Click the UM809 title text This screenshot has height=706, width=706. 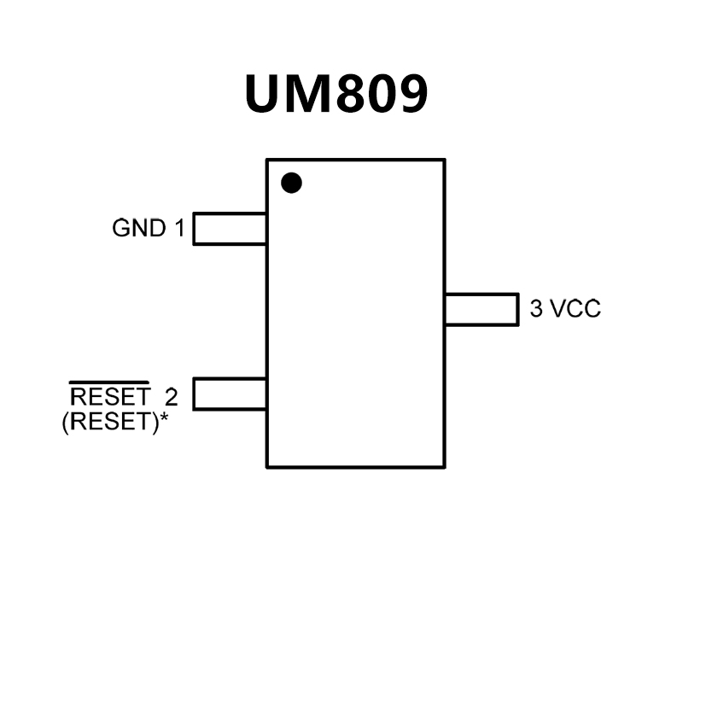335,94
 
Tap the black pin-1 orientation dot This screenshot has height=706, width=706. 292,183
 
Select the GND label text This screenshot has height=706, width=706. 139,229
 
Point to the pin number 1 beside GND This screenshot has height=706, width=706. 179,229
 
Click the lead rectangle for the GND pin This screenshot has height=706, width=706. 230,229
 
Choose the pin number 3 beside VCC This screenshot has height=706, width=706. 536,309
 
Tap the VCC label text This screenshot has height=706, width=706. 575,309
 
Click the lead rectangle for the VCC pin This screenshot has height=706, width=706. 481,309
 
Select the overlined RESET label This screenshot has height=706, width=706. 110,397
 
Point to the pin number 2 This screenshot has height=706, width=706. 172,397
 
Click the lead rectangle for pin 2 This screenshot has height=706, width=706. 230,394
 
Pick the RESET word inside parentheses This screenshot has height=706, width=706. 110,422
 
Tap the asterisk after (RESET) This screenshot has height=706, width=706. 163,418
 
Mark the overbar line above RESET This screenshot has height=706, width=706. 110,382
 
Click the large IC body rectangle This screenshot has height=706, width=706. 355,341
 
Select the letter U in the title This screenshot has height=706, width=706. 265,94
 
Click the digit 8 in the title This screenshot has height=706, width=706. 354,94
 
